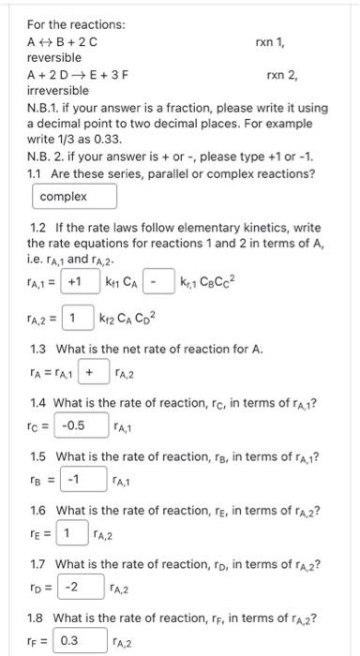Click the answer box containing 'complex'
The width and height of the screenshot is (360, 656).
pyautogui.click(x=75, y=197)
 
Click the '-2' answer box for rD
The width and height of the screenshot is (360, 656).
pyautogui.click(x=72, y=589)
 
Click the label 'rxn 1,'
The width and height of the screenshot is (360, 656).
pyautogui.click(x=271, y=42)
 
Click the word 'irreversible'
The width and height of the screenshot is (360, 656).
pyautogui.click(x=58, y=91)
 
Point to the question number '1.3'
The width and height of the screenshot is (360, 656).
pyautogui.click(x=42, y=350)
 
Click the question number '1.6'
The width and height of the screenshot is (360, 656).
pyautogui.click(x=42, y=510)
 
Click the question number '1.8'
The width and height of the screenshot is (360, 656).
pyautogui.click(x=42, y=617)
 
